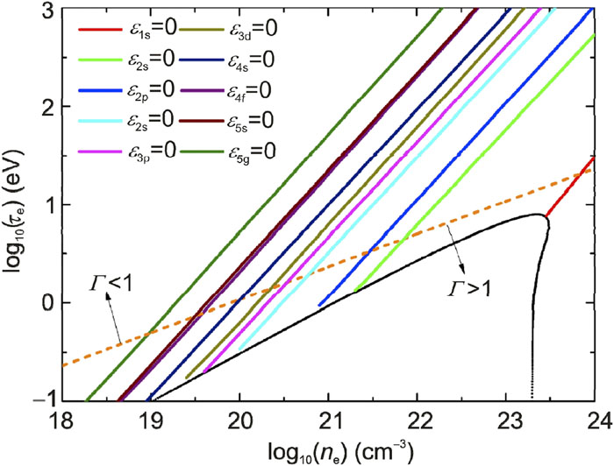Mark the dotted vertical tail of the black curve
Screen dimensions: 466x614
532,368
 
